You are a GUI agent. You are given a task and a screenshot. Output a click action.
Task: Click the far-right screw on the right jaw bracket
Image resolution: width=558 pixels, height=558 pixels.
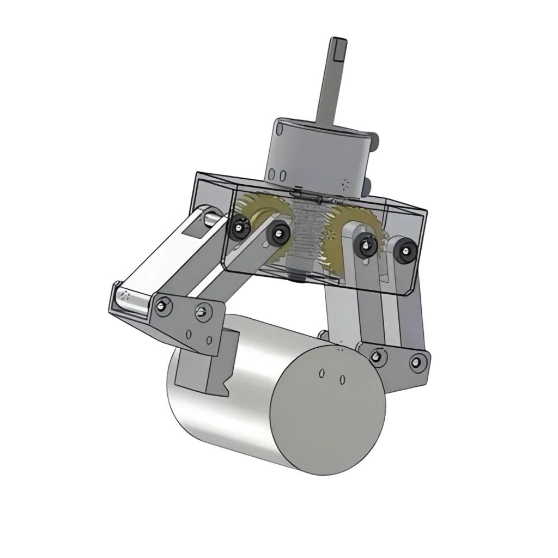coord(417,361)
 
